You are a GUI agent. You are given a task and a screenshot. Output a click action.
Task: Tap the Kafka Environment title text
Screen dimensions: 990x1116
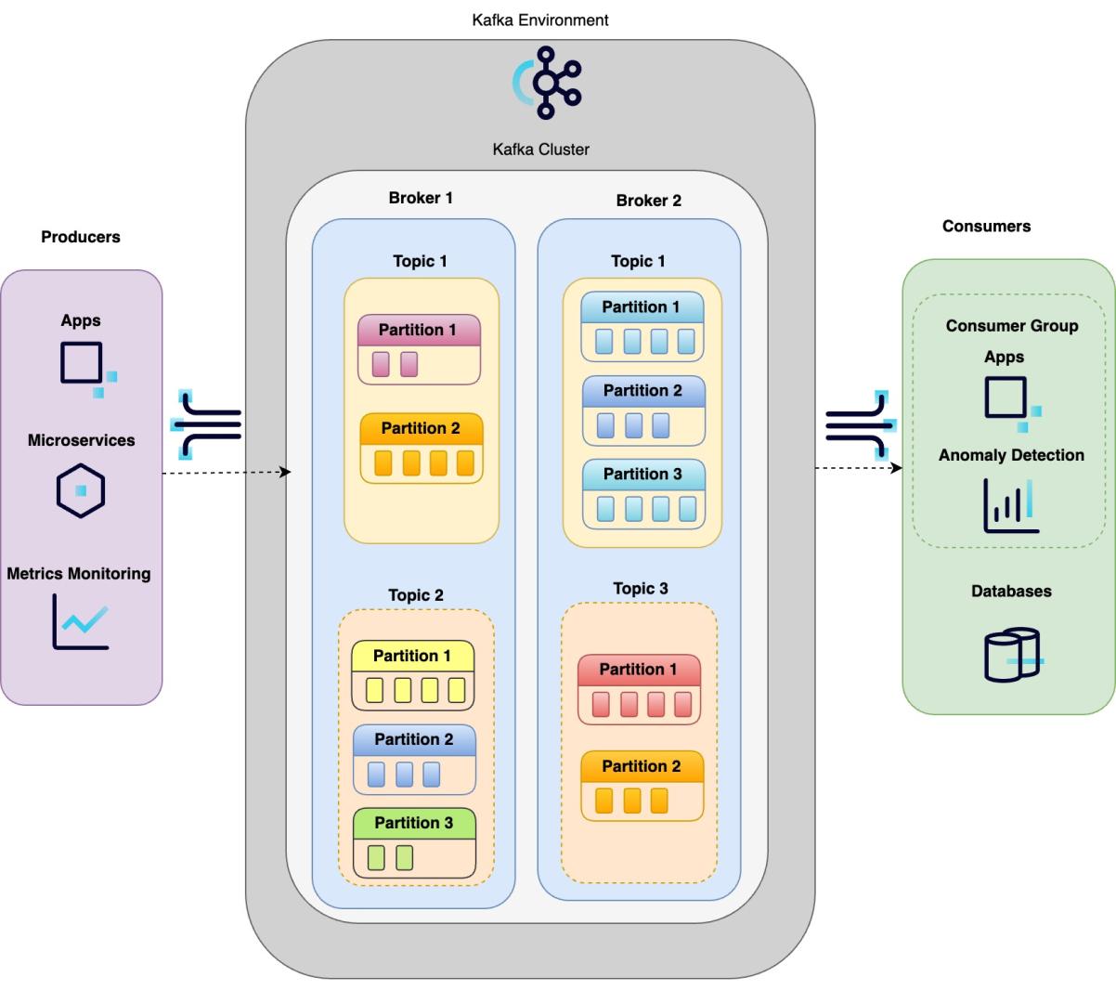[540, 20]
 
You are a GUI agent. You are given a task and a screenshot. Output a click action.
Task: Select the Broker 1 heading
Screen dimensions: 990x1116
[421, 198]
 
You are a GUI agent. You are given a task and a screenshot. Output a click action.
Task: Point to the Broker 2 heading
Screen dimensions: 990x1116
[648, 201]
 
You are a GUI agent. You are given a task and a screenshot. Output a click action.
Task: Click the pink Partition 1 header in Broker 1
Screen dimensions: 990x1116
[419, 330]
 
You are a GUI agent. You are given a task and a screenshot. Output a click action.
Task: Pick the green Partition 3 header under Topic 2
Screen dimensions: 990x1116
[414, 823]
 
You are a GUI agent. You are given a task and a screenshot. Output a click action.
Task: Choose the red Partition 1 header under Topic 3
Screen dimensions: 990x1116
[639, 670]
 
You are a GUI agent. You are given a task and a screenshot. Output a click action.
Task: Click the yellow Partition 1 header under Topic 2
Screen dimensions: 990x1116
[412, 656]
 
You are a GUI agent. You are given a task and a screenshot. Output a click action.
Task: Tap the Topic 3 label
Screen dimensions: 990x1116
[641, 589]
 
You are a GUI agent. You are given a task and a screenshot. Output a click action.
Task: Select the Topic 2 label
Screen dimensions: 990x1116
[416, 595]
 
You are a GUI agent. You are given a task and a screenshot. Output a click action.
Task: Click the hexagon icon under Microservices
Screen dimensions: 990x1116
[81, 490]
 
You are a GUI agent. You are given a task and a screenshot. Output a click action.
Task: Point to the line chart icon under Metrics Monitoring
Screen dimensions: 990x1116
[81, 620]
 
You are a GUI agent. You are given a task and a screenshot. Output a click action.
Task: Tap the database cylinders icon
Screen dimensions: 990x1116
[1012, 656]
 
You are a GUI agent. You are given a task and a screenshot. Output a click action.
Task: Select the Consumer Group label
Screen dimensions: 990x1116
[1011, 326]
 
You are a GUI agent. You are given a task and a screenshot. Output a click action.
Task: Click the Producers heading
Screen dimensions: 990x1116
[81, 237]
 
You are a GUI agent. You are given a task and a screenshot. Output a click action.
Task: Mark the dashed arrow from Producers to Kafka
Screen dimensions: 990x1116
[227, 474]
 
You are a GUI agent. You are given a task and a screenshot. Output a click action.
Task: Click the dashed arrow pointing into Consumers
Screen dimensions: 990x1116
[858, 468]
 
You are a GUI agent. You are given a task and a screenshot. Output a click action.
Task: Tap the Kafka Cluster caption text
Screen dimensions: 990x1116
[540, 149]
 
